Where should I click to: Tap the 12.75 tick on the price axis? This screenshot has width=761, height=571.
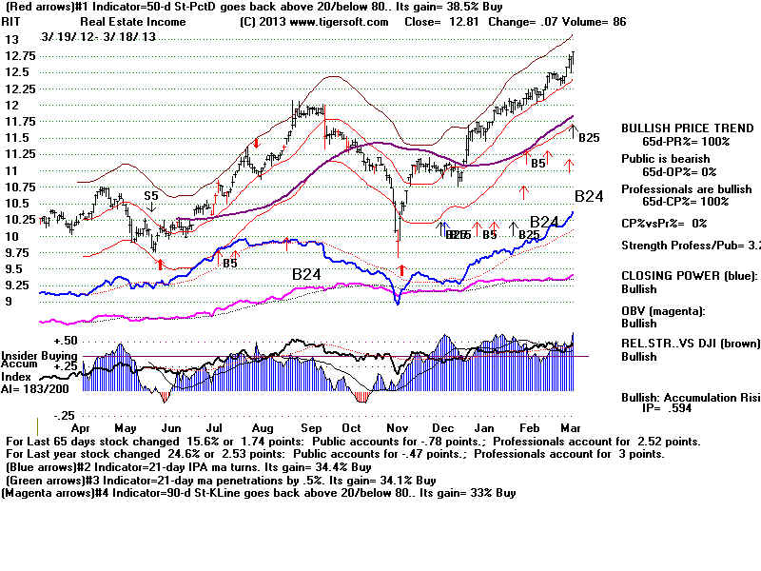(19, 56)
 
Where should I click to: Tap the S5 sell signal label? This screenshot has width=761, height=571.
(151, 195)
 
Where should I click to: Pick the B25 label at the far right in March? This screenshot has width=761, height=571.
(589, 138)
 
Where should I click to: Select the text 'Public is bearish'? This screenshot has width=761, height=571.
(669, 159)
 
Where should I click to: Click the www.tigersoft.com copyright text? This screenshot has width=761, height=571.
(322, 20)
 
